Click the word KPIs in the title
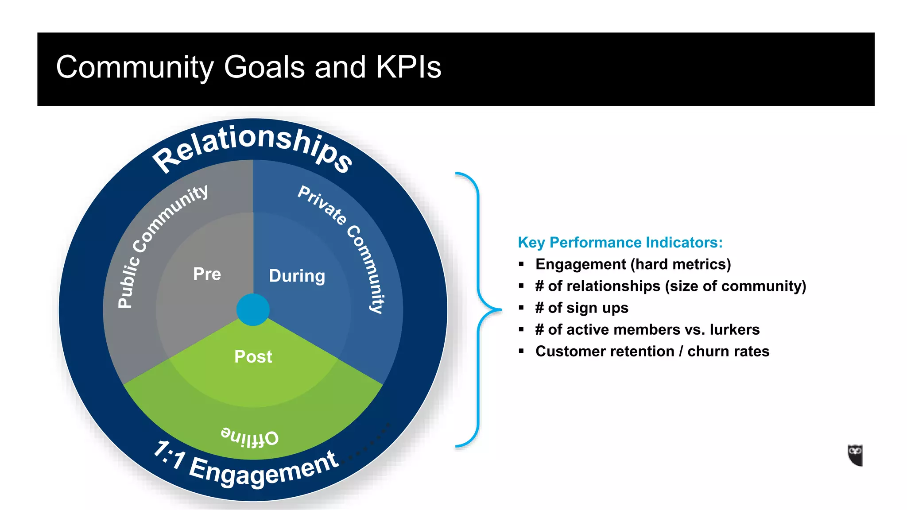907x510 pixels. pos(408,67)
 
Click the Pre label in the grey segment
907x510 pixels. pos(207,274)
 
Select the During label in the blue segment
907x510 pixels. pos(297,276)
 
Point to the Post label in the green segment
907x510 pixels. pos(253,357)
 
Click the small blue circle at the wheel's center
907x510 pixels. pos(253,309)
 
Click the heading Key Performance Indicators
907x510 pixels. pos(620,243)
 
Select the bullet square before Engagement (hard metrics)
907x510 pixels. pos(521,264)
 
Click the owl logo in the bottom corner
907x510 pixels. pos(855,455)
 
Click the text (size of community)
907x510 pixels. pos(735,286)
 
